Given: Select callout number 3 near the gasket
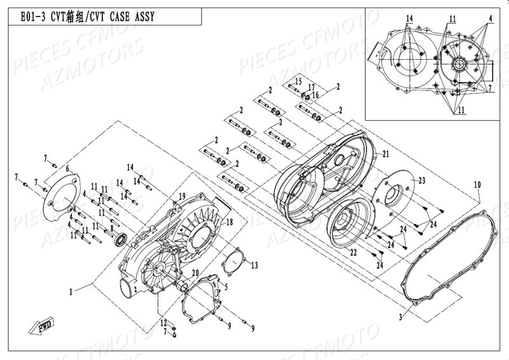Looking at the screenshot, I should tap(400, 316).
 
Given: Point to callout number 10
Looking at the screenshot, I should tap(478, 185).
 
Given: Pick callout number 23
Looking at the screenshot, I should tap(421, 181).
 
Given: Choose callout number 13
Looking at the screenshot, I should tap(254, 264).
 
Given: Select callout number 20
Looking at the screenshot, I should tap(195, 273).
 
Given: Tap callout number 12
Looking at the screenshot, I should tap(163, 322).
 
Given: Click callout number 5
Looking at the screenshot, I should tap(225, 287).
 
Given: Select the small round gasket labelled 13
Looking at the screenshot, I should tap(237, 261).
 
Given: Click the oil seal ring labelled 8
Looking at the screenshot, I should tap(120, 239).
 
